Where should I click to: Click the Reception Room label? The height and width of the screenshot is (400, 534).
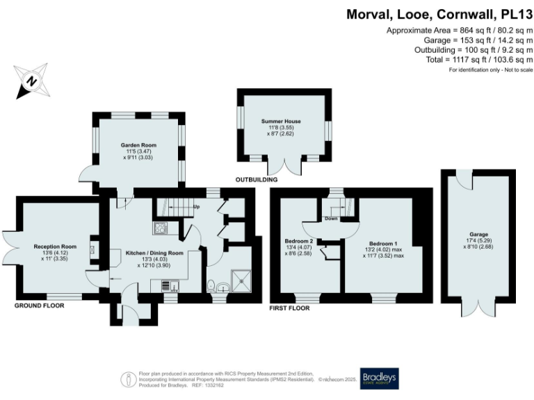(54, 247)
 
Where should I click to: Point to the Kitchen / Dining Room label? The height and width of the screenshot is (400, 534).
(154, 253)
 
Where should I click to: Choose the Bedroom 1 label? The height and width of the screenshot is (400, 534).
(383, 244)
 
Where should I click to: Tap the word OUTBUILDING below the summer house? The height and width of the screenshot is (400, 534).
(257, 180)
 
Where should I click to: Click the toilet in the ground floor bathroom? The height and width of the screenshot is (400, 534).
(211, 285)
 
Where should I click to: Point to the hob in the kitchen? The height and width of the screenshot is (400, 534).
(161, 227)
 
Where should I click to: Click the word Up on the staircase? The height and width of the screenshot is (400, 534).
(196, 207)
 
